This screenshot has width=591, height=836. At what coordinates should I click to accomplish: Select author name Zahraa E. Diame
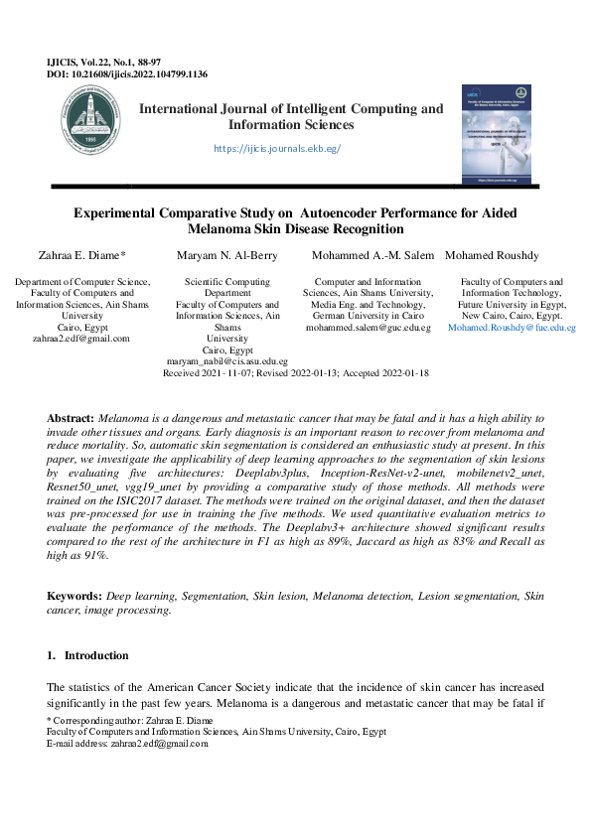(81, 256)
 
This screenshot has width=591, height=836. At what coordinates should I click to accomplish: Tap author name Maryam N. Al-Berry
(226, 256)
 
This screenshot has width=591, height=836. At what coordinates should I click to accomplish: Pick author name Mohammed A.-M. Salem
(372, 256)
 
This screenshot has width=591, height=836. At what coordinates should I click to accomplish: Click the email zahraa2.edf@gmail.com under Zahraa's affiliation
(81, 339)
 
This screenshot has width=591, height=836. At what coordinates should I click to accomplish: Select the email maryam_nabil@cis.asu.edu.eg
(226, 362)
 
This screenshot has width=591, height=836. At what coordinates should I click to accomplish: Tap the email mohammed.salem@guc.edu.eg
(369, 328)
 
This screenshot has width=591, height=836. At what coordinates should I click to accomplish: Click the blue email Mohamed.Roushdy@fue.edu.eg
(512, 328)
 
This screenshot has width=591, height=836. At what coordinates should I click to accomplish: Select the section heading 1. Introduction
(88, 656)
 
